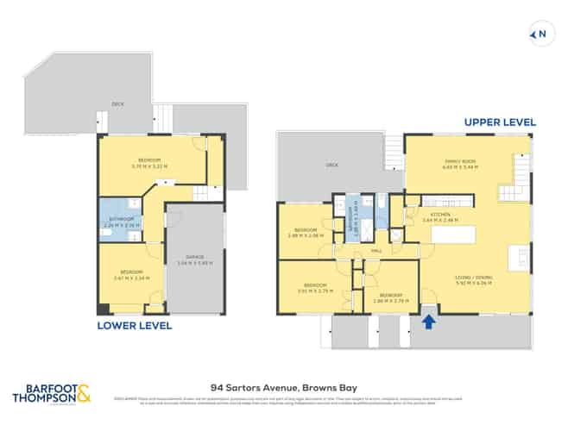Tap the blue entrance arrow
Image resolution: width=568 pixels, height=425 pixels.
pyautogui.click(x=426, y=321)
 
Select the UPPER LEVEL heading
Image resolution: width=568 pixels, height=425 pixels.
pyautogui.click(x=500, y=122)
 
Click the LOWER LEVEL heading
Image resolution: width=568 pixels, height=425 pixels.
pyautogui.click(x=135, y=326)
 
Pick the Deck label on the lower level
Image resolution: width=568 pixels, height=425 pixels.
pyautogui.click(x=117, y=105)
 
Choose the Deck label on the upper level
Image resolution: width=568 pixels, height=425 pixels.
pyautogui.click(x=331, y=164)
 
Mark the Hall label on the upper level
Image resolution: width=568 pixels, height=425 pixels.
pyautogui.click(x=376, y=252)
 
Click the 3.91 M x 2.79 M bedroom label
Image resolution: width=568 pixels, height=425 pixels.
pyautogui.click(x=315, y=288)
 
